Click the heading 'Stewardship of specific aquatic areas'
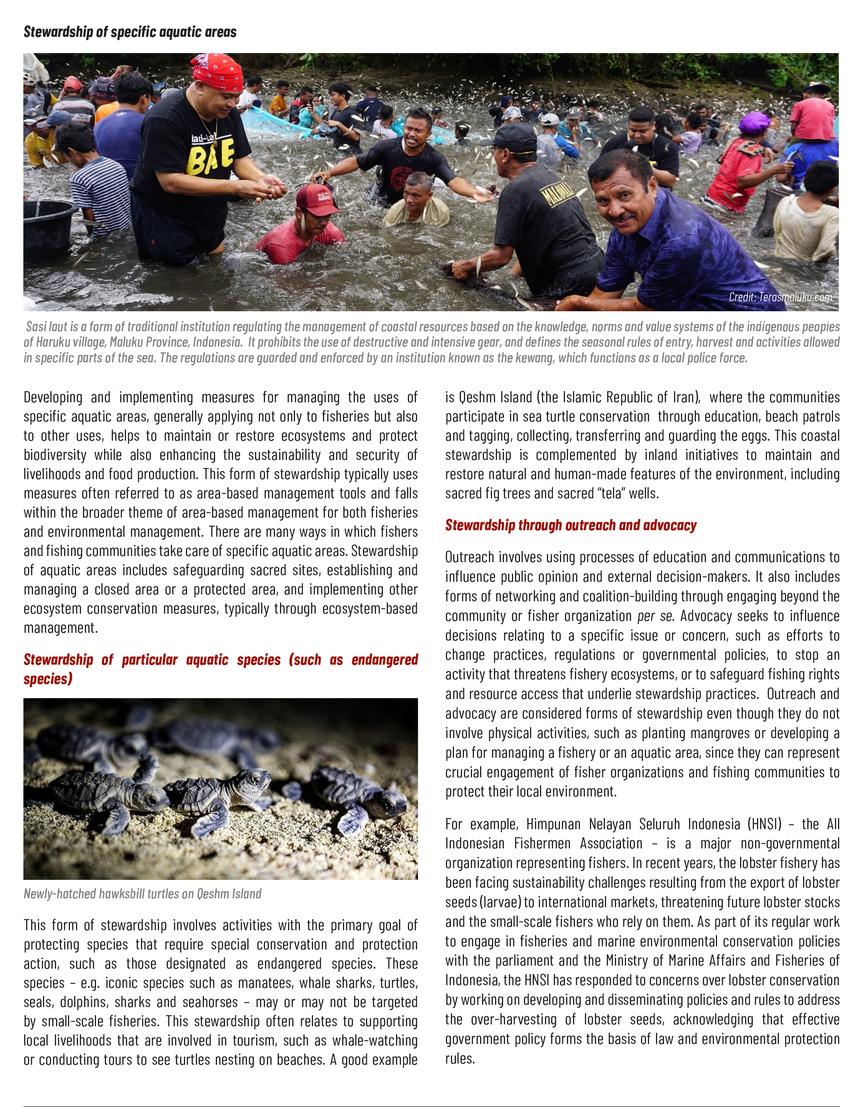[x=130, y=32]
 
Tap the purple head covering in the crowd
[x=755, y=123]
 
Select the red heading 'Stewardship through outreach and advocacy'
[x=571, y=525]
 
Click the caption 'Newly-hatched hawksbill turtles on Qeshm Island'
[x=142, y=894]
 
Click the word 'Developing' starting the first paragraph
[x=53, y=397]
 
